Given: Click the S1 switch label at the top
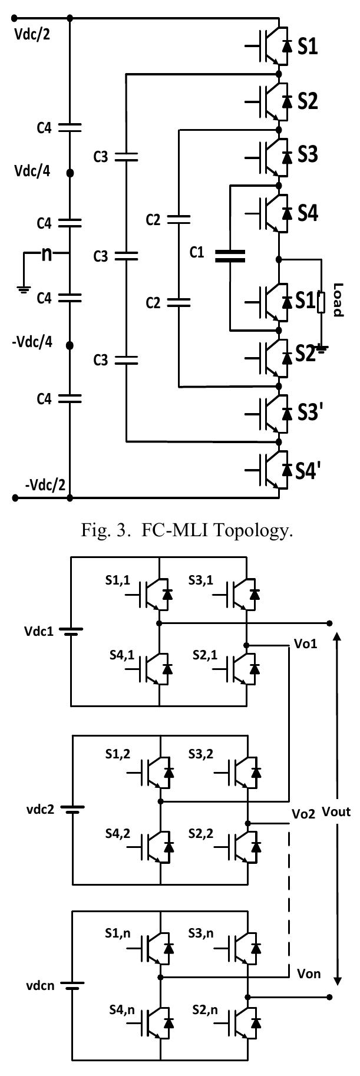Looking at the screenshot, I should pyautogui.click(x=307, y=47).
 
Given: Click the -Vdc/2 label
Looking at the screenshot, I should pyautogui.click(x=45, y=484).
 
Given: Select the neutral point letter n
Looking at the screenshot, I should pyautogui.click(x=47, y=255).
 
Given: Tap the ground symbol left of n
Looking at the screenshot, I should pyautogui.click(x=24, y=289).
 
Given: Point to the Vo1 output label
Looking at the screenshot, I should pyautogui.click(x=305, y=643).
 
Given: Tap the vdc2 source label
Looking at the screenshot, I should pyautogui.click(x=27, y=810).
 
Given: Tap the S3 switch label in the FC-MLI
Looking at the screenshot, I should pyautogui.click(x=307, y=155).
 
